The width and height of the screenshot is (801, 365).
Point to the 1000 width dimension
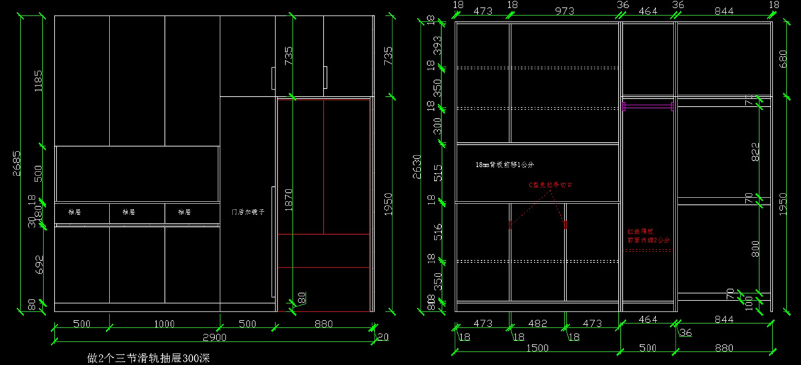point(164,324)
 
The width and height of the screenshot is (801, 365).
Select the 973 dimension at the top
point(565,11)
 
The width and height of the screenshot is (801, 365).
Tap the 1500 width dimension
point(537,348)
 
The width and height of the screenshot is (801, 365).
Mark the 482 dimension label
point(537,324)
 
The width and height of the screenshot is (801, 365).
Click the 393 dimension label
point(438,45)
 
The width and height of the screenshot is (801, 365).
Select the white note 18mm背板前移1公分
point(505,164)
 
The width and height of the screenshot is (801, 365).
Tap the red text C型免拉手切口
point(551,185)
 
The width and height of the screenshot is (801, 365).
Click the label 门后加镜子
point(248,212)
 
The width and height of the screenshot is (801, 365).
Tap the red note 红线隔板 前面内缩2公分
point(647,234)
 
